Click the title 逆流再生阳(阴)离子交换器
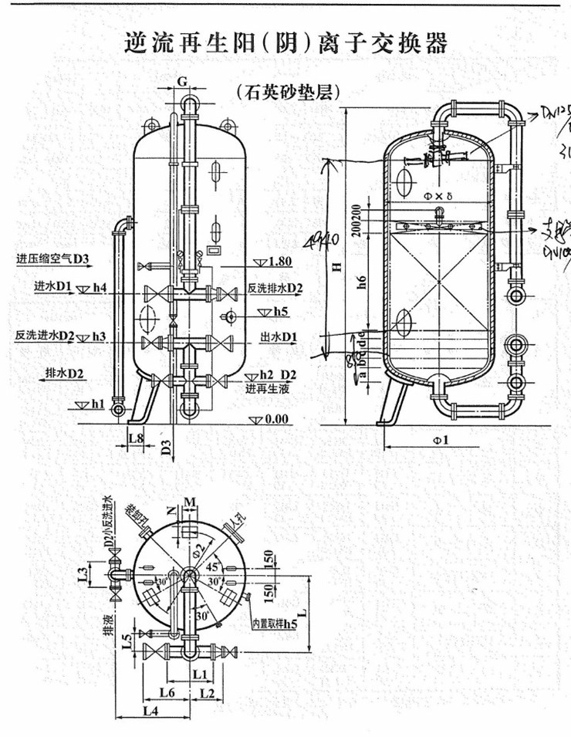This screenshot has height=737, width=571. pos(285,43)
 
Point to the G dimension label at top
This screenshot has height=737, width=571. pos(182,80)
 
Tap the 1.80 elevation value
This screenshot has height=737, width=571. pos(280,262)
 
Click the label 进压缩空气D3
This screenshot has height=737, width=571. pos(53,258)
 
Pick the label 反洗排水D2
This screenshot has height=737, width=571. pos(275,288)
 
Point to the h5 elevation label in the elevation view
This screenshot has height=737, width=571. pos(281,312)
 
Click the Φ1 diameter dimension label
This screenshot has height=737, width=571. pos(441,440)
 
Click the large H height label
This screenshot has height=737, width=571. pos(335,266)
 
